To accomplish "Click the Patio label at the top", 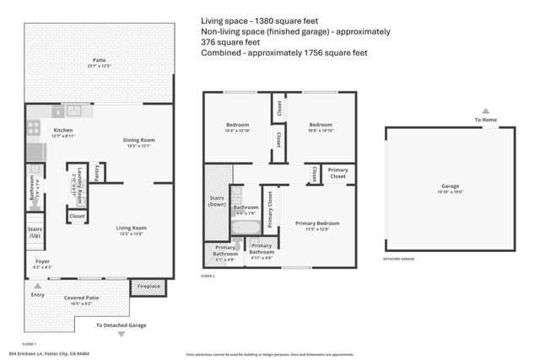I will [100, 60].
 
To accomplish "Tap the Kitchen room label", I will [40, 130].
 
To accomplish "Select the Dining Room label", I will [138, 140].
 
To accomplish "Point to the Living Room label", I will [132, 228].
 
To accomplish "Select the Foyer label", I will [41, 262].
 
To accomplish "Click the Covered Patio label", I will [82, 298].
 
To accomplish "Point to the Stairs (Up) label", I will [35, 232].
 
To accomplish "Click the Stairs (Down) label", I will [218, 202].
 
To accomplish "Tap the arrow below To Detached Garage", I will [121, 335].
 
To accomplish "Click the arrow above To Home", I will [486, 110].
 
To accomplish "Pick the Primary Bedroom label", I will [317, 223].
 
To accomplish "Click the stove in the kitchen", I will [34, 128].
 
